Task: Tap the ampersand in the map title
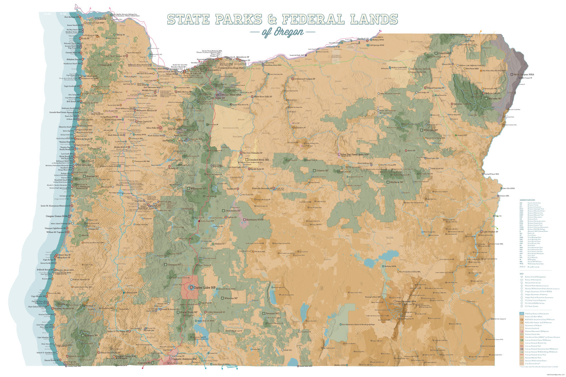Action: coord(272,19)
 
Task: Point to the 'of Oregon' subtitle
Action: coord(283,32)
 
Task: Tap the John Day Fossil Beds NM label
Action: coord(355,154)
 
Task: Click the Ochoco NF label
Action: coord(322,171)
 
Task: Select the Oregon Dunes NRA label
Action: coord(57,216)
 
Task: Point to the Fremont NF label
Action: coord(272,313)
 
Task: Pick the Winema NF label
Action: coord(231,298)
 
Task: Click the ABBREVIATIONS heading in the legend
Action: coord(527,200)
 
